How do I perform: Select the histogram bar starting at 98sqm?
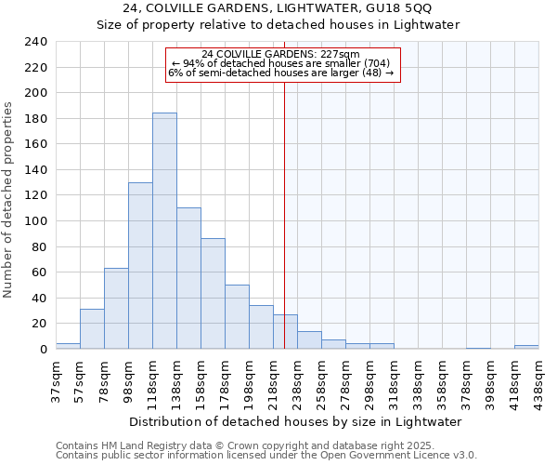140,265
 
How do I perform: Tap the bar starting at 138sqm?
188,278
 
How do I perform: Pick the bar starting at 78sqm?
116,308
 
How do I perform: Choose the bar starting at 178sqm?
237,316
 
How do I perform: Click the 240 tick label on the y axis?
36,42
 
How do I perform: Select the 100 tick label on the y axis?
36,93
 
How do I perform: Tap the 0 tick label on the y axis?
43,349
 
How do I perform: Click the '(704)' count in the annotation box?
377,63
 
